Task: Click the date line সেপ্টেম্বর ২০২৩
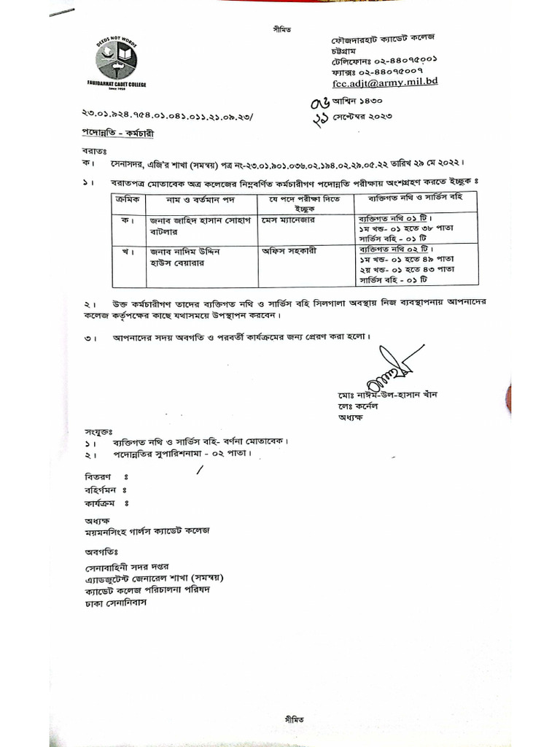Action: coord(373,115)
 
